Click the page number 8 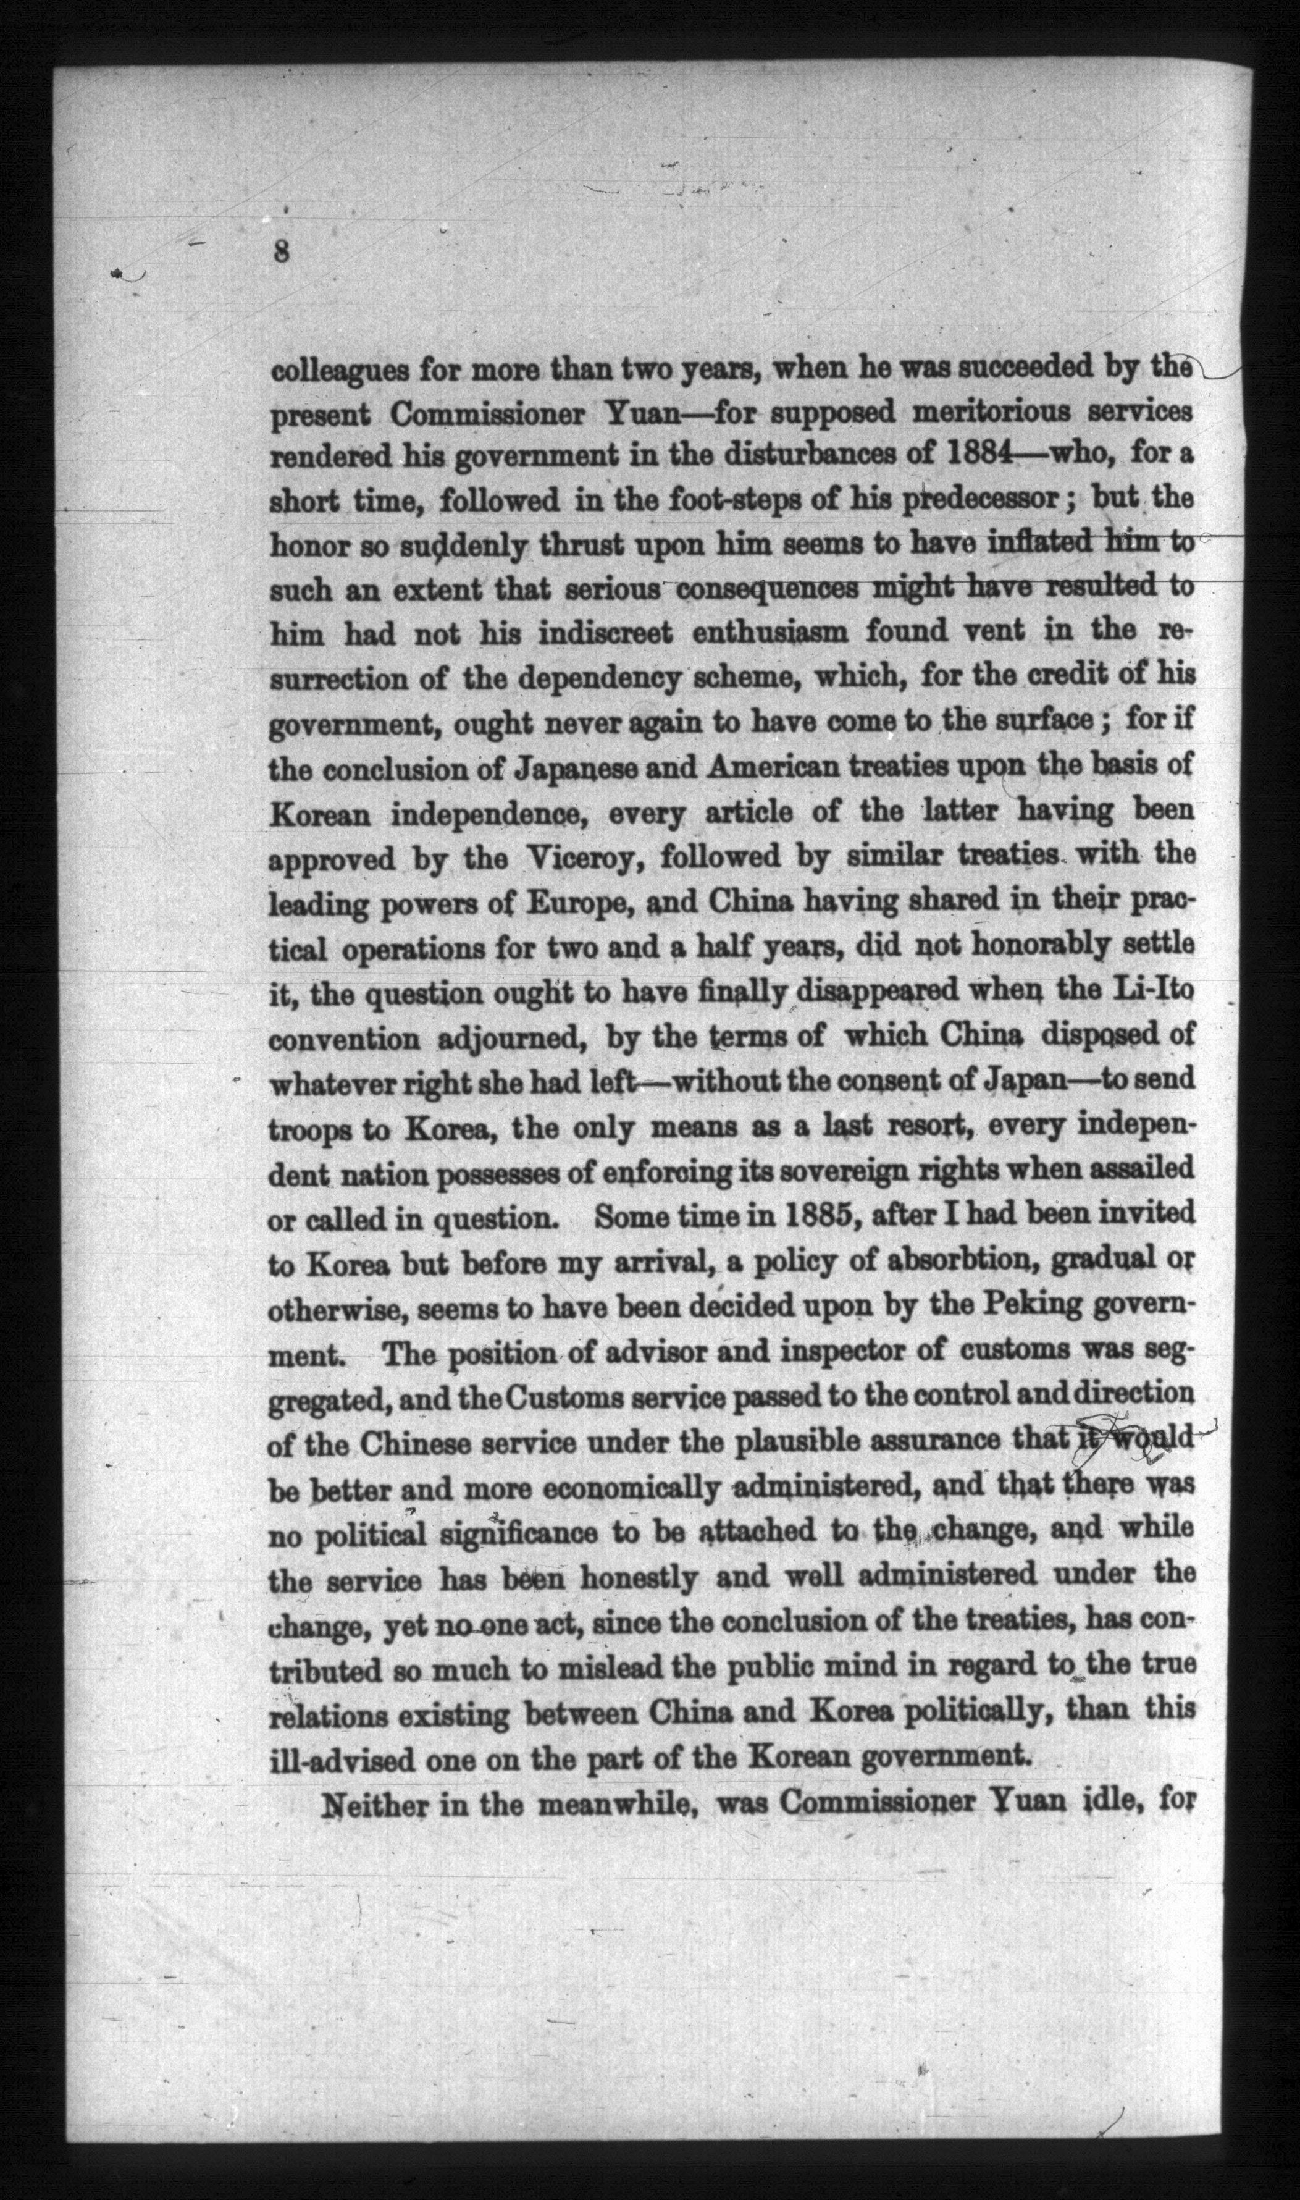pyautogui.click(x=280, y=251)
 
